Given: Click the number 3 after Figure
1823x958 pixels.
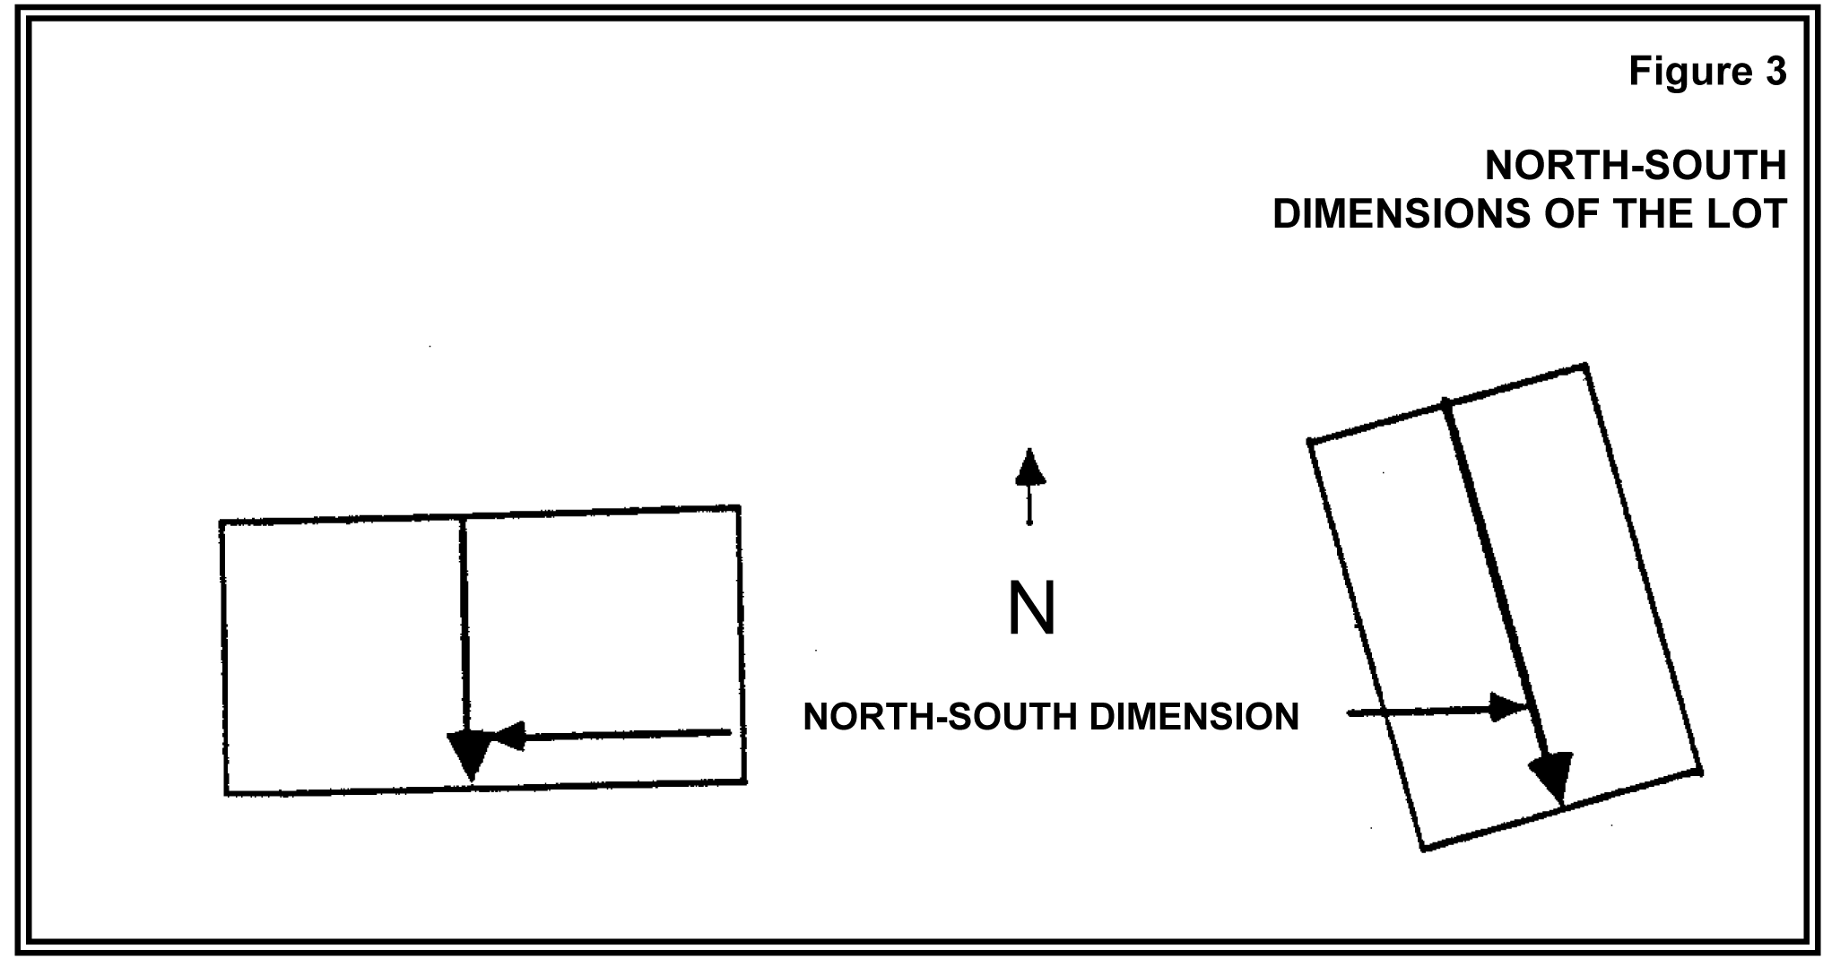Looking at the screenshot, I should (x=1775, y=72).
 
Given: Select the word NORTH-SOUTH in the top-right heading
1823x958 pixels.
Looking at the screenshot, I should (x=1636, y=166).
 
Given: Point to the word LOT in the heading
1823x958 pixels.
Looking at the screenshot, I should (x=1749, y=214).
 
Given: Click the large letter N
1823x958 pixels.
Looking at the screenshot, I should (x=1031, y=609).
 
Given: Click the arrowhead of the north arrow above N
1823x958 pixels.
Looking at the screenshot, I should (x=1030, y=467).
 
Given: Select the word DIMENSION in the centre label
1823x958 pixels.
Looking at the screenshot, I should (x=1193, y=717).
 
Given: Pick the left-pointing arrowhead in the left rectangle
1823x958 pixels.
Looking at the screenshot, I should (x=507, y=737).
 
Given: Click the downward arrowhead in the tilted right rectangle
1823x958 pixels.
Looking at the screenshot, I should (x=1553, y=776).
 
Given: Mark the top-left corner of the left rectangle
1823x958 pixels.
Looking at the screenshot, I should (x=221, y=522).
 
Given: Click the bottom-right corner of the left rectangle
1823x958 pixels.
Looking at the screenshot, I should (x=745, y=782).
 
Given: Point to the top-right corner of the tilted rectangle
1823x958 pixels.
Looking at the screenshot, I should (x=1585, y=366).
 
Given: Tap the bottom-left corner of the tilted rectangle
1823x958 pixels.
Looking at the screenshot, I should (x=1424, y=848).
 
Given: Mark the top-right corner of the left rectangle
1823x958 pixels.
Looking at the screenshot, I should (x=739, y=508).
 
